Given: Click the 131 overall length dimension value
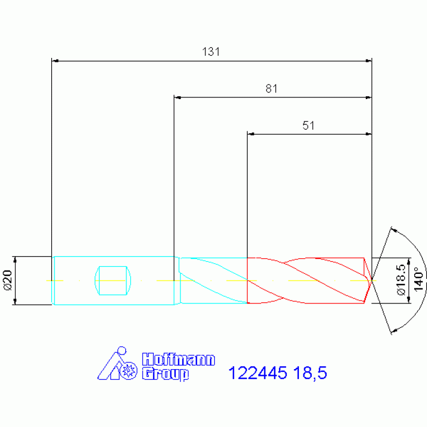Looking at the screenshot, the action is coord(211,51).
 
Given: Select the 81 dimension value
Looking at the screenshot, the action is coord(272,89).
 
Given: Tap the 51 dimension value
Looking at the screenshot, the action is coord(308,126).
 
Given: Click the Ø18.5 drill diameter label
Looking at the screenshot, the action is coord(401,279).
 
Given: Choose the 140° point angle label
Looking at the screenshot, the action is coord(419,279).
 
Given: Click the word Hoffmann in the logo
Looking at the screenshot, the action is coord(178,360).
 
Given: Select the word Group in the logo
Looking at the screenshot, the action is coord(165,374).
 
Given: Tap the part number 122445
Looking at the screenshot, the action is coord(258,372).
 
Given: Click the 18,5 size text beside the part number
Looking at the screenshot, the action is coord(310,373).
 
